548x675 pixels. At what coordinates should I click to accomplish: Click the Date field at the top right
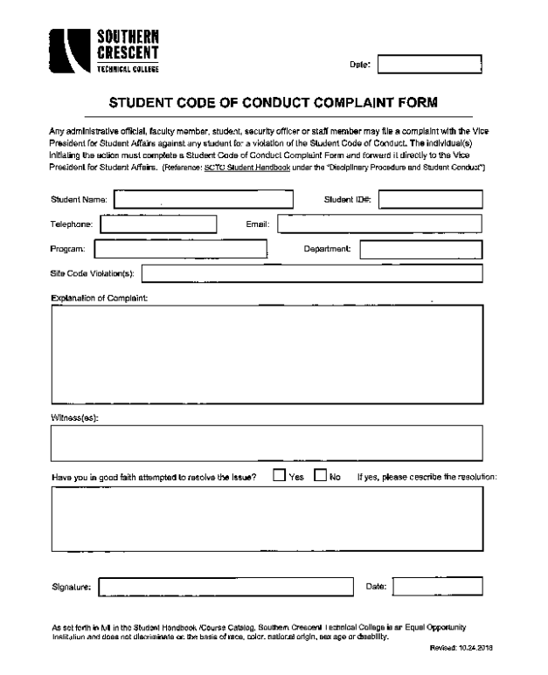(429, 63)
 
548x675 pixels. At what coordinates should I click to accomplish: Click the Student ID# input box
(429, 199)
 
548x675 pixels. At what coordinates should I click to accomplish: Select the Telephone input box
(157, 224)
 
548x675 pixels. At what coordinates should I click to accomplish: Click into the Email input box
(379, 224)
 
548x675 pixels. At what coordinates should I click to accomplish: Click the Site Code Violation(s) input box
(312, 274)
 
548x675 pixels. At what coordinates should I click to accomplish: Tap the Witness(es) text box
(267, 444)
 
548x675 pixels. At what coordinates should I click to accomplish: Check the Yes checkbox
(278, 476)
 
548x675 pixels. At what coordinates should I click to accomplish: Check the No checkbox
(321, 476)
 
